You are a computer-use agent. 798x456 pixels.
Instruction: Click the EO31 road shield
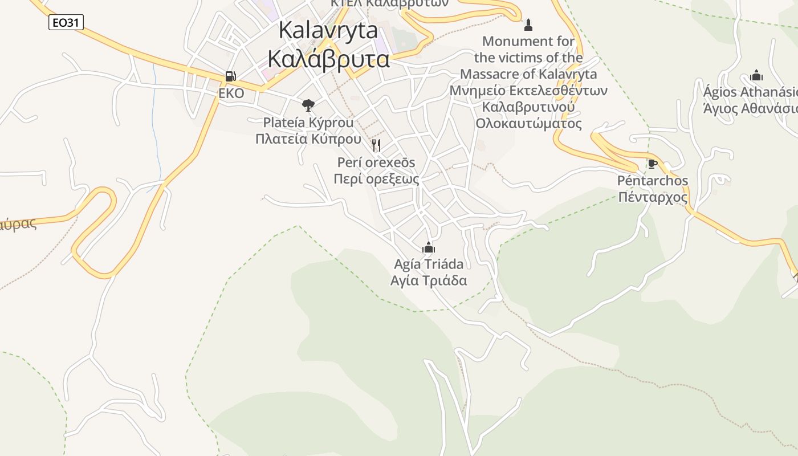[x=66, y=22]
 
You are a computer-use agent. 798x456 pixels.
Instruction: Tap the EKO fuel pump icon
[x=231, y=76]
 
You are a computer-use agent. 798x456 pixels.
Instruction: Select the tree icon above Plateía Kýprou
[x=308, y=105]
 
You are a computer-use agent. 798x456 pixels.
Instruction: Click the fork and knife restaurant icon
[x=376, y=145]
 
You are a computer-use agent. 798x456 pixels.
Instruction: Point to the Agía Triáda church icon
[x=429, y=247]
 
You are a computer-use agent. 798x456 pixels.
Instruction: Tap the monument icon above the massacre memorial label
[x=528, y=25]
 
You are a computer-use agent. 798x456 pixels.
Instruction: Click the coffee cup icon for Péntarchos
[x=653, y=164]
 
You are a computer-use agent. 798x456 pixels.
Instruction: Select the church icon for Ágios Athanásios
[x=756, y=75]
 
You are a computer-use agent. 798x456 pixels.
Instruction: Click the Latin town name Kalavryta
[x=328, y=31]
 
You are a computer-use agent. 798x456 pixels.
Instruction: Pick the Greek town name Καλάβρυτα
[x=328, y=59]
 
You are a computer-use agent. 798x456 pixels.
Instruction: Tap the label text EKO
[x=231, y=93]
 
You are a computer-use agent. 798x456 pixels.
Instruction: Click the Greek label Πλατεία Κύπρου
[x=308, y=139]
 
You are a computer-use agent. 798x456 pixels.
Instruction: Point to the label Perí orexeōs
[x=376, y=162]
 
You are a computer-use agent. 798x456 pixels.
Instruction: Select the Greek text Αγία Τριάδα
[x=429, y=280]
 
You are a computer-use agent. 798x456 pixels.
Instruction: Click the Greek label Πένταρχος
[x=653, y=197]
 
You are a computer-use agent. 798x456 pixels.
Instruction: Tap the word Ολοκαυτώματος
[x=528, y=124]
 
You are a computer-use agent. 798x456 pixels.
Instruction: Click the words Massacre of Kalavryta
[x=528, y=74]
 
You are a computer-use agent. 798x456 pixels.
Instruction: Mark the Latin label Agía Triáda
[x=429, y=264]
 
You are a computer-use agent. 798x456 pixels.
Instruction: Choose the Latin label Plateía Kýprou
[x=308, y=122]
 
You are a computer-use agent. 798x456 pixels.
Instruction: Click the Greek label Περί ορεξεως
[x=376, y=179]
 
